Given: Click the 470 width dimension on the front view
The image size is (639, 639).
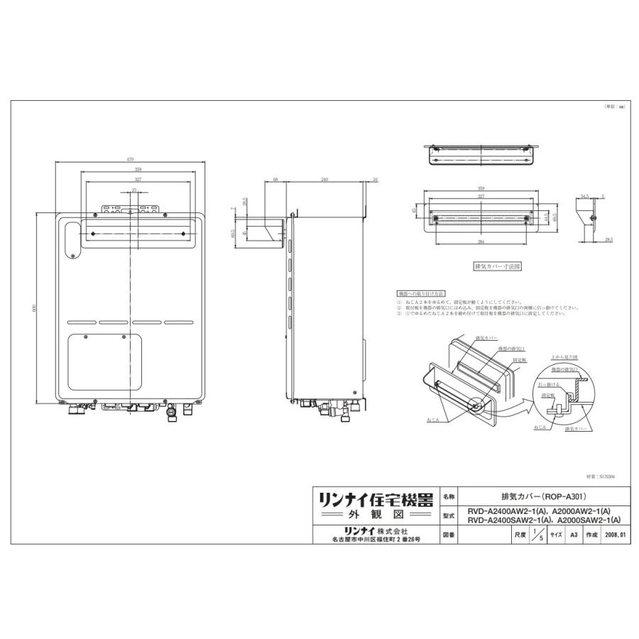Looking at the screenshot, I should point(131,159).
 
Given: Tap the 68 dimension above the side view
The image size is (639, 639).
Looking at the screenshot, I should point(275,180).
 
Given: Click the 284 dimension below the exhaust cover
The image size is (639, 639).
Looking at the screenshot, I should point(482,243).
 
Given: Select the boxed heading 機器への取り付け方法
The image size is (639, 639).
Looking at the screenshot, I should point(420,293).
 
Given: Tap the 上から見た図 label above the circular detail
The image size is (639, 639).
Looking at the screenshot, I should point(565,359).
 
